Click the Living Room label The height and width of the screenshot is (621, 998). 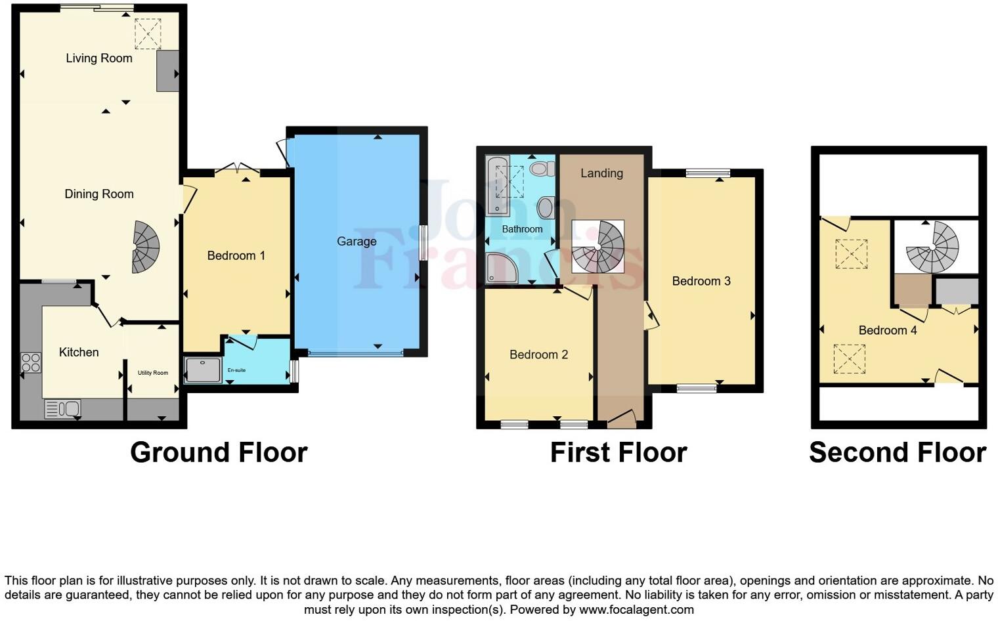pyautogui.click(x=98, y=58)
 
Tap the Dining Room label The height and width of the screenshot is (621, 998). pyautogui.click(x=98, y=194)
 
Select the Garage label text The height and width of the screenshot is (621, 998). pyautogui.click(x=357, y=242)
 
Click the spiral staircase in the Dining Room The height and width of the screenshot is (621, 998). pyautogui.click(x=146, y=247)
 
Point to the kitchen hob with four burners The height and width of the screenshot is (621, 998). pyautogui.click(x=31, y=362)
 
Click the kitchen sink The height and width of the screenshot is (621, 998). pyautogui.click(x=63, y=409)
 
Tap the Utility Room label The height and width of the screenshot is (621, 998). pyautogui.click(x=152, y=373)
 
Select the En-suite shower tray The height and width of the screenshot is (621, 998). pyautogui.click(x=202, y=370)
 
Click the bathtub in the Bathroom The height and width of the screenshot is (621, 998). pyautogui.click(x=497, y=186)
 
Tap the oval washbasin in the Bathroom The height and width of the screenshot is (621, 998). pyautogui.click(x=544, y=209)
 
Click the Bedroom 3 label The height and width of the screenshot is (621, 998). pyautogui.click(x=701, y=281)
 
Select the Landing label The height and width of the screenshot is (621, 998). pyautogui.click(x=601, y=173)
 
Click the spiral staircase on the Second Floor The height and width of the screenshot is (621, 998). pyautogui.click(x=933, y=247)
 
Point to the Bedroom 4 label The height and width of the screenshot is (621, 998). pyautogui.click(x=887, y=330)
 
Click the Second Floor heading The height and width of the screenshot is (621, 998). pyautogui.click(x=897, y=453)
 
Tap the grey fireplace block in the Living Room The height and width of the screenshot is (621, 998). pyautogui.click(x=167, y=71)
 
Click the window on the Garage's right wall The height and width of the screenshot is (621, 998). pyautogui.click(x=423, y=242)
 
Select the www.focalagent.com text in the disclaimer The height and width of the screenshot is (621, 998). pyautogui.click(x=636, y=609)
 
